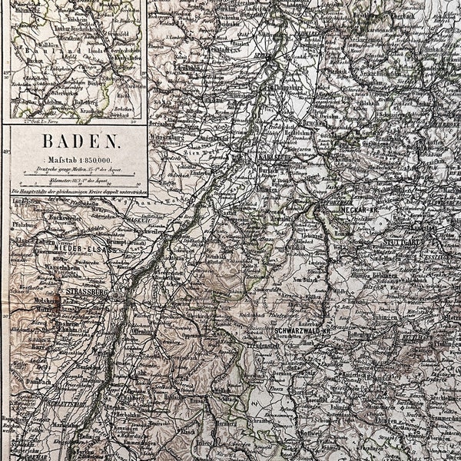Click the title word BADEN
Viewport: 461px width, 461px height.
(x=81, y=141)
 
